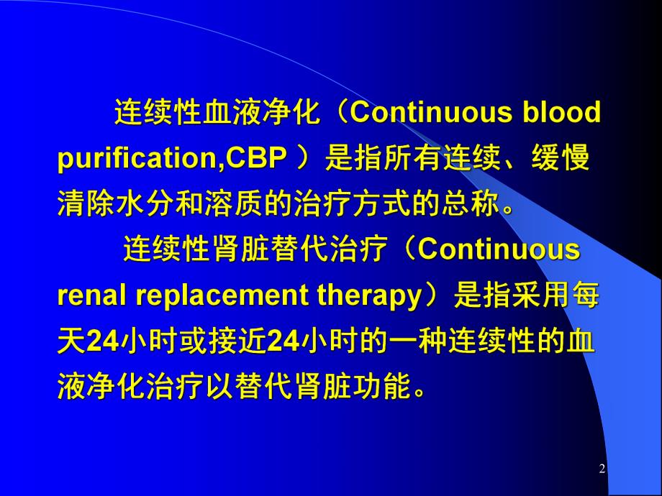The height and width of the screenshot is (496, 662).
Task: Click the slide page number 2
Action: (x=602, y=469)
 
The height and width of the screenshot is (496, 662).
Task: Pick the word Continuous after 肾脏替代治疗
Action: (x=499, y=251)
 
